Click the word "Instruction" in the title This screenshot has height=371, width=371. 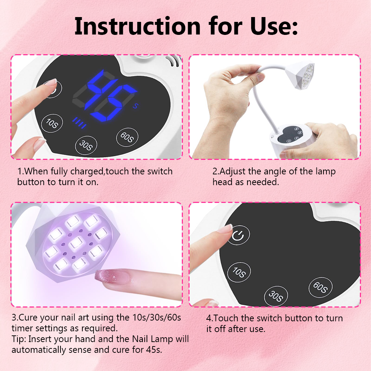click(x=138, y=26)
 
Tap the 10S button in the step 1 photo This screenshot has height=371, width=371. click(x=52, y=123)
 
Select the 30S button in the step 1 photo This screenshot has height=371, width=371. click(x=86, y=145)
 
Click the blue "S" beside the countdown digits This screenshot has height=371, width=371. click(x=135, y=106)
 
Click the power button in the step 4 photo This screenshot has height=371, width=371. click(x=238, y=235)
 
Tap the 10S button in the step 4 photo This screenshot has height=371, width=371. click(x=239, y=272)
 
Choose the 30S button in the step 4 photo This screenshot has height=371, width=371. click(x=276, y=296)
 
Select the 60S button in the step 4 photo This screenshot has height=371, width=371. click(x=321, y=287)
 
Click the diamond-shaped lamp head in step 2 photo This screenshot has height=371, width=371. click(x=300, y=75)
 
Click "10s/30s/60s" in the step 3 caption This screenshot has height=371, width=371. click(x=157, y=317)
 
